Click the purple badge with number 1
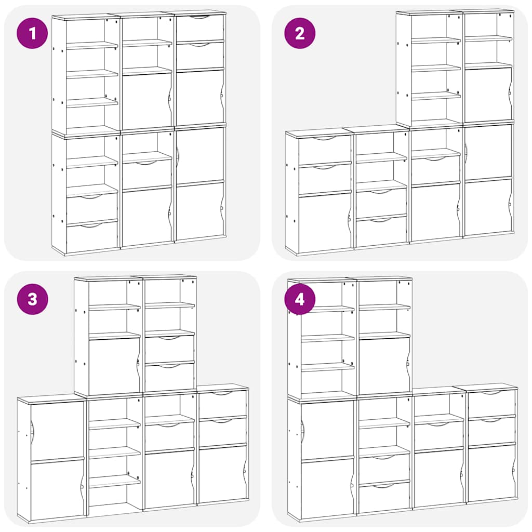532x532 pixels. tap(33, 34)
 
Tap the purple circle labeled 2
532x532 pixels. tap(300, 34)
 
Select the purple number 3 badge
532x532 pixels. tap(33, 299)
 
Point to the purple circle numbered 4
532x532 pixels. tap(300, 299)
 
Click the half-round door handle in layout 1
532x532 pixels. tap(178, 154)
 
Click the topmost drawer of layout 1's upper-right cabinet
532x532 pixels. tap(199, 28)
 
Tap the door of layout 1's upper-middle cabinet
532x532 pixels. tap(147, 101)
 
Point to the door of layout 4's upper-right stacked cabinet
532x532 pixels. tap(384, 366)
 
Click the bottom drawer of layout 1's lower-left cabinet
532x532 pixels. tap(92, 238)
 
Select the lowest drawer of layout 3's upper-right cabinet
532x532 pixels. tap(169, 378)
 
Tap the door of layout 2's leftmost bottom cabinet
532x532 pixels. tap(325, 222)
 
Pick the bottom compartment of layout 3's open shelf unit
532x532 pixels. tap(115, 496)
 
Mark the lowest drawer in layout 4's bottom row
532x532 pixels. tap(384, 498)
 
